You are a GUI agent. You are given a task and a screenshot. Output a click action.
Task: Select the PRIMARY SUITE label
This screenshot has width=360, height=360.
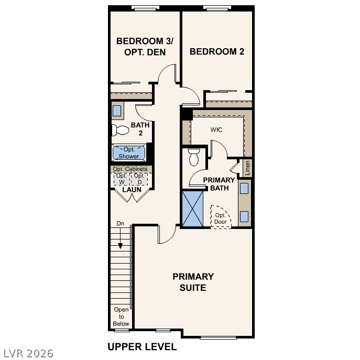click(193, 282)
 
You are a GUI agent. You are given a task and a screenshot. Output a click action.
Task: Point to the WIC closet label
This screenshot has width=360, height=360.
click(217, 129)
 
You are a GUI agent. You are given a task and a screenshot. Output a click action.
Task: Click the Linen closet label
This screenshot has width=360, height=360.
click(248, 168)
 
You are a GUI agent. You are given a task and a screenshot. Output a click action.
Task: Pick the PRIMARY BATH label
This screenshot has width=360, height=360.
click(219, 184)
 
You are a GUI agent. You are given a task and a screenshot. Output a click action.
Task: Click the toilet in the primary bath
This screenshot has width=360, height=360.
click(194, 156)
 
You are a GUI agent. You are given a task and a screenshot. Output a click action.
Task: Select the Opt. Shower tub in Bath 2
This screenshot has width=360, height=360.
click(128, 153)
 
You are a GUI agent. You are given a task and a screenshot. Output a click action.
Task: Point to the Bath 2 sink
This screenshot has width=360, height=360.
click(117, 111)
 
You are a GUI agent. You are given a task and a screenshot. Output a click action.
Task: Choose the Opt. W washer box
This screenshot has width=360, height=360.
click(122, 179)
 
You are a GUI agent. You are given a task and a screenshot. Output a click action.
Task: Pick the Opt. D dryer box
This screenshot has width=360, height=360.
click(139, 179)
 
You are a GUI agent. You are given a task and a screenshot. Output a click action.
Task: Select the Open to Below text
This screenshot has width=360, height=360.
click(121, 317)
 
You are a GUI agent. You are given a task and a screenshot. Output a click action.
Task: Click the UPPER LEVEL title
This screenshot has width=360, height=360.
click(142, 346)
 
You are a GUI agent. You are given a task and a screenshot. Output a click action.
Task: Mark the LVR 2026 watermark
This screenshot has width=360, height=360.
click(27, 353)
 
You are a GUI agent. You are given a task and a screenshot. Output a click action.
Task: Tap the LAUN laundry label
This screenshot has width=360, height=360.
click(132, 189)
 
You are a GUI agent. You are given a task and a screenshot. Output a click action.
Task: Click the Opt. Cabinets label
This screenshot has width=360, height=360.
click(130, 169)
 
